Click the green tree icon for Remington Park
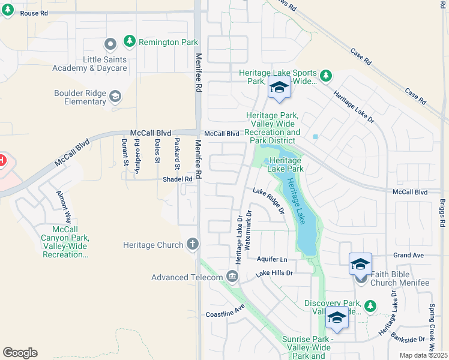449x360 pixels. coord(128,41)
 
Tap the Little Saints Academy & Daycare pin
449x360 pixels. coord(110,44)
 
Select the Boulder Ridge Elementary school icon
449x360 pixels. coord(115,96)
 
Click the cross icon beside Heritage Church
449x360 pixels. coord(192,244)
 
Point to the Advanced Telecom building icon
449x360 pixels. coord(232,277)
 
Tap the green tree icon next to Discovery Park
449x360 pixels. coord(370,306)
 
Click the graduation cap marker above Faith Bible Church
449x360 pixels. coord(360,264)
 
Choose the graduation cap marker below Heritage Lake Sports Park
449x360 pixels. coord(279,88)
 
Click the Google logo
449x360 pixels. coord(20,353)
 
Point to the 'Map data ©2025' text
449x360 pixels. coord(423,355)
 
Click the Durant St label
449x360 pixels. coord(124,151)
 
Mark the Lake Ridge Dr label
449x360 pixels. coord(268,200)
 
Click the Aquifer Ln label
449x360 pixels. coord(273,259)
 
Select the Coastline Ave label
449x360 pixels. coord(226,310)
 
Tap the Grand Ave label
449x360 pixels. coord(409,255)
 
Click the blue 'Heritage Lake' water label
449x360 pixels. coord(297,201)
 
